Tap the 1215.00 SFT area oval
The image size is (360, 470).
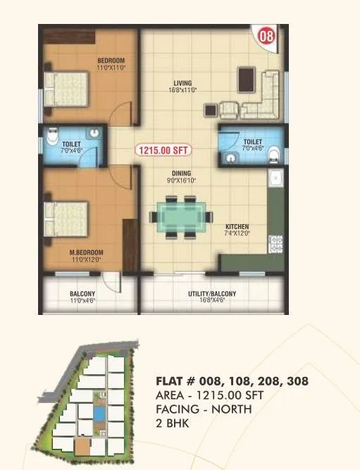click(x=163, y=150)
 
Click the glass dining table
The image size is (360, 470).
click(x=182, y=216)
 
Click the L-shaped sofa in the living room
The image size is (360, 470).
click(x=266, y=95)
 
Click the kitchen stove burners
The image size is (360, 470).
click(x=276, y=244)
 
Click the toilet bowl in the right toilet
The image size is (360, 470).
click(x=276, y=156)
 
